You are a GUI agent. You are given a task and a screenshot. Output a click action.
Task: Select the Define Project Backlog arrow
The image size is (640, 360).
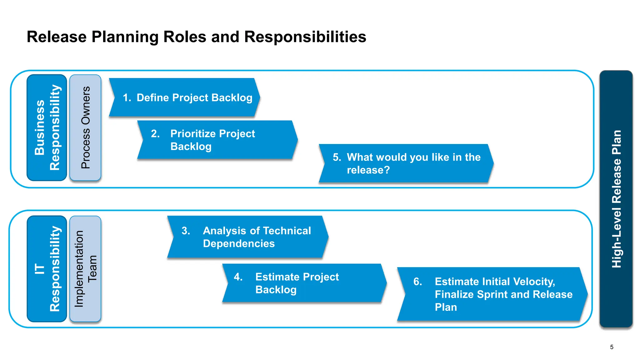[x=184, y=98]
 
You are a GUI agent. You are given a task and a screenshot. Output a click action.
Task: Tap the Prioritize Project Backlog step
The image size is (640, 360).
[x=217, y=140]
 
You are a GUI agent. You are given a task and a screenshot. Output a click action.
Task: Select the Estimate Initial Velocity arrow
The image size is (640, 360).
[x=492, y=294]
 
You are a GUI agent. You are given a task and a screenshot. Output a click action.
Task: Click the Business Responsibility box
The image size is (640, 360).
[x=47, y=127]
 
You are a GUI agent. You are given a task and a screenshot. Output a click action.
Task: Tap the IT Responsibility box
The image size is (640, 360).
[x=47, y=269]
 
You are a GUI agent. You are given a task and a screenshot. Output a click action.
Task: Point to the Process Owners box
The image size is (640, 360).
[x=85, y=127]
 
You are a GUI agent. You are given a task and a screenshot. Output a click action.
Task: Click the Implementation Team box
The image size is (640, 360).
[x=85, y=269]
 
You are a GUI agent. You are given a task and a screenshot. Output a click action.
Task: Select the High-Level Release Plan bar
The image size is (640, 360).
[x=616, y=199]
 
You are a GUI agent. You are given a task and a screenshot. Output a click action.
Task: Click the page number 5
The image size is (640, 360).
[x=612, y=347]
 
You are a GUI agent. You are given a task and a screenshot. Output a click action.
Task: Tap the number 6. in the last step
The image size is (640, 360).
[x=417, y=282]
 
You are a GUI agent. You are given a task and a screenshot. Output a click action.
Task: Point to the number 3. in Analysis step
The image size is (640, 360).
[x=186, y=231]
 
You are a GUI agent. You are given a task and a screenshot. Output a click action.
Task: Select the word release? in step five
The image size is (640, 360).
[x=368, y=170]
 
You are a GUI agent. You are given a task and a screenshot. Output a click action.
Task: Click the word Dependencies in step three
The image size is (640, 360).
[x=239, y=243]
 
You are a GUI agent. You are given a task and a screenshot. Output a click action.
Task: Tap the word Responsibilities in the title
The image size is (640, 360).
[x=305, y=37]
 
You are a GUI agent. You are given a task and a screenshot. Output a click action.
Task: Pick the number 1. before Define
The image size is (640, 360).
[x=127, y=98]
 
